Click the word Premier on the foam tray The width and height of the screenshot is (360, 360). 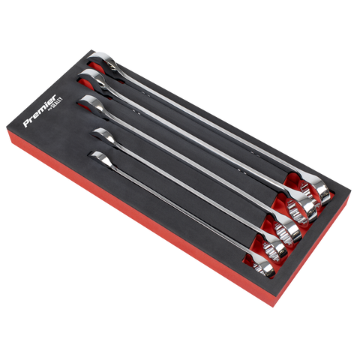coord(40,111)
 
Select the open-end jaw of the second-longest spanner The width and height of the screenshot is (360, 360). coord(91,79)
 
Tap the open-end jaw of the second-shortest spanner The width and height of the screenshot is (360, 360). coord(103,135)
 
